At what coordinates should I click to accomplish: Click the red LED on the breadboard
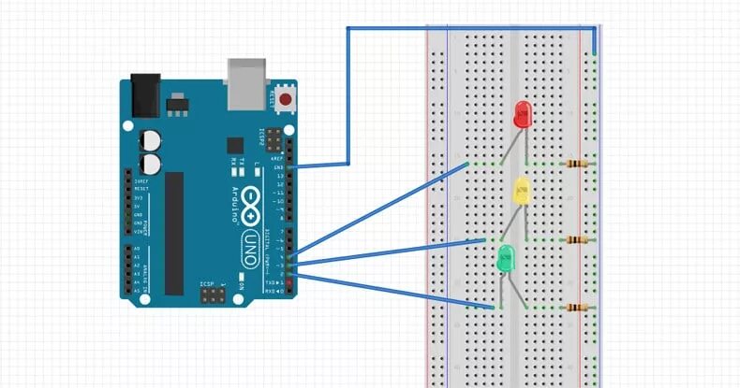point(522,115)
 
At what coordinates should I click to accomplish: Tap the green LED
point(506,258)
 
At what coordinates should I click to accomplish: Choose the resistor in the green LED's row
point(579,307)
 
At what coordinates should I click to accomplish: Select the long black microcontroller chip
point(174,233)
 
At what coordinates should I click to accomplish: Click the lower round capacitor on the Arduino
point(150,165)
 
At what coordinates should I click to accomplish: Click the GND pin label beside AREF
point(278,167)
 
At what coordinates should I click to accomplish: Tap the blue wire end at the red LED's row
point(466,165)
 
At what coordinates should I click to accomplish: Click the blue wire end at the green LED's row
point(493,307)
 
